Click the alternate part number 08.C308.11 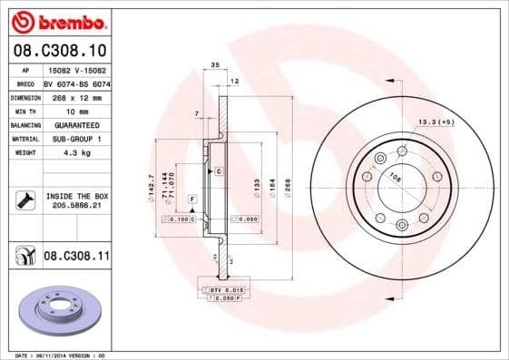[x=76, y=257]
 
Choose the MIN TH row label [x=24, y=111]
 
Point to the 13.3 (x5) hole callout [x=435, y=121]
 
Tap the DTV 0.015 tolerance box [x=228, y=288]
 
